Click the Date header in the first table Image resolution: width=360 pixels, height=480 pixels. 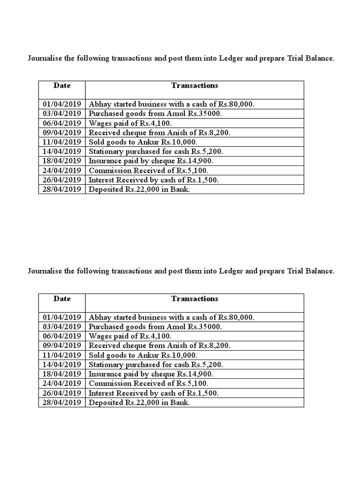[x=62, y=85]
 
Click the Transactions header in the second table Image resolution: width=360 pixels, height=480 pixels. [x=195, y=299]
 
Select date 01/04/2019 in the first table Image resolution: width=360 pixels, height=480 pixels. [x=62, y=105]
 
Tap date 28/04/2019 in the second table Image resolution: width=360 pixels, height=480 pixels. [x=62, y=402]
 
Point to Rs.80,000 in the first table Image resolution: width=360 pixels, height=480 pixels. [x=236, y=105]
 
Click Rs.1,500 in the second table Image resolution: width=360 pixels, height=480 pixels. [x=202, y=393]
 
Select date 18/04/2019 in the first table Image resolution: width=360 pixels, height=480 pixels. [x=62, y=161]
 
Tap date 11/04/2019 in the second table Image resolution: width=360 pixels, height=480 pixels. [x=62, y=355]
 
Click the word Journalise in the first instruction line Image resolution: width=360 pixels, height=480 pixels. [x=45, y=59]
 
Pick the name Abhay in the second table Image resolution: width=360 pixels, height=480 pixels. [x=99, y=317]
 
